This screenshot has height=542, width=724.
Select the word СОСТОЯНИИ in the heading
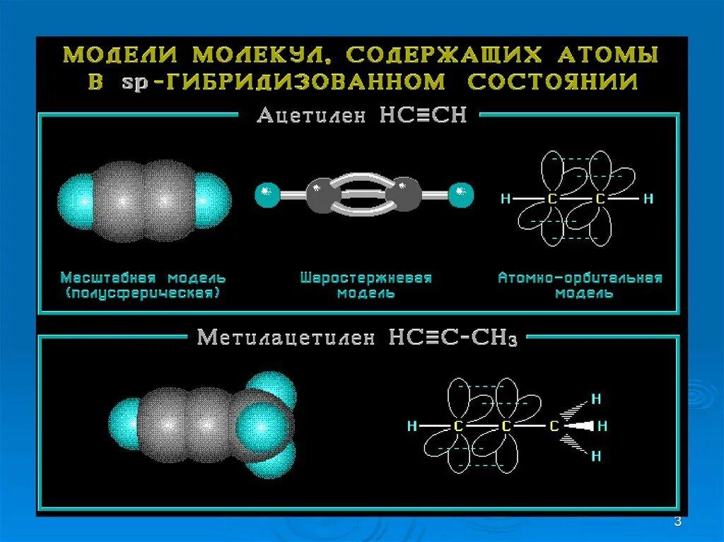tap(552, 81)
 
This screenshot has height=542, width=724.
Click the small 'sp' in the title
tap(132, 83)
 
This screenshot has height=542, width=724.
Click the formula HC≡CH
tap(424, 115)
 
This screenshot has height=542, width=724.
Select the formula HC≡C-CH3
tap(453, 338)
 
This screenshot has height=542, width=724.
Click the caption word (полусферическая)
tap(143, 293)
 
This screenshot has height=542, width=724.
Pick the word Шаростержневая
tap(366, 278)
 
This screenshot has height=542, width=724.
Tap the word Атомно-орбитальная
tap(580, 278)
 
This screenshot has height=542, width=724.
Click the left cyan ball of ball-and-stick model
tap(267, 194)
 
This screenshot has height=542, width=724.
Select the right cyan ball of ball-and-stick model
tap(462, 194)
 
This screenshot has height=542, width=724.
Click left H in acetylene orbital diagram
tap(505, 199)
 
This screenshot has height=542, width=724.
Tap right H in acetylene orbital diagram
tap(648, 199)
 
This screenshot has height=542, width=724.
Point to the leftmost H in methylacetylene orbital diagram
tap(411, 427)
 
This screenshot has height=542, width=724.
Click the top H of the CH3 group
tap(595, 399)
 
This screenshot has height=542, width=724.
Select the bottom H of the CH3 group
tap(595, 456)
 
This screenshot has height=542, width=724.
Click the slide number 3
tap(677, 522)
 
